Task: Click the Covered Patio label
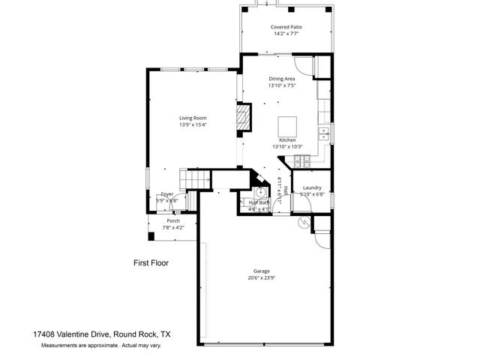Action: (x=286, y=27)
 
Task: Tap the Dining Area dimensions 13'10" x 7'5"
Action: (x=281, y=85)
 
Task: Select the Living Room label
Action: (x=193, y=118)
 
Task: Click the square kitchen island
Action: (x=288, y=125)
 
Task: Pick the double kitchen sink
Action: (x=325, y=134)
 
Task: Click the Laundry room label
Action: (x=312, y=187)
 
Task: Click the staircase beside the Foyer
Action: (x=195, y=180)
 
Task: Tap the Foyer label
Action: (x=166, y=194)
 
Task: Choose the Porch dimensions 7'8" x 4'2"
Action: (x=173, y=227)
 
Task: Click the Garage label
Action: (x=261, y=271)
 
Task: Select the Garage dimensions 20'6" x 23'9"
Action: (x=261, y=277)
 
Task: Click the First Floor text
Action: (x=151, y=262)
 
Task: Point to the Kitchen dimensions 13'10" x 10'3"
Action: (x=288, y=147)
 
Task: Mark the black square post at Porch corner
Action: (x=151, y=236)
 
